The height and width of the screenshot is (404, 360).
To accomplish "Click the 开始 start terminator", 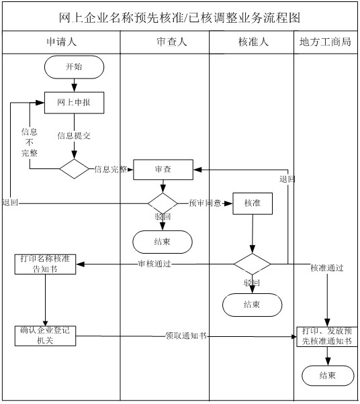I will (74, 66).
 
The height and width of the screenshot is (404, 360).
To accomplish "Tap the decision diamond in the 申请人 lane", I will (74, 168).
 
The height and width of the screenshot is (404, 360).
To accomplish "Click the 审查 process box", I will (163, 169).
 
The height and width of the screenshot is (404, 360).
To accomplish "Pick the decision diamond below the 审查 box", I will (163, 203).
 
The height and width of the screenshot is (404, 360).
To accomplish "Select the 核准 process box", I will (252, 203).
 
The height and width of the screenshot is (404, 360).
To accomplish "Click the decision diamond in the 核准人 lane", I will (252, 264).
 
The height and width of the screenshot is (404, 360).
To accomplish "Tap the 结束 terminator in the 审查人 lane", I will (163, 241).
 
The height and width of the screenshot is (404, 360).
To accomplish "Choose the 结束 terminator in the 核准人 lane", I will (252, 305).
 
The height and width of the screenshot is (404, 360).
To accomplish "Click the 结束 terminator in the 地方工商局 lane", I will (327, 374).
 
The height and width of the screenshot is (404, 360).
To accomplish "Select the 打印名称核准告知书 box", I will (45, 264).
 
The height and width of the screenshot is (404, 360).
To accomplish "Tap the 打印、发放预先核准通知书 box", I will (327, 336).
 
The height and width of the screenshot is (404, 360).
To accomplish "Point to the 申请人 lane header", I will (60, 42).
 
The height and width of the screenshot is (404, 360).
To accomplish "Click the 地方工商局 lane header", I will (326, 42).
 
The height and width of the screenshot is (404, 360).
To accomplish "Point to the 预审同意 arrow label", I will (205, 203).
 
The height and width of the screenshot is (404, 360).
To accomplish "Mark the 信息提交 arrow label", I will (74, 135).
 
